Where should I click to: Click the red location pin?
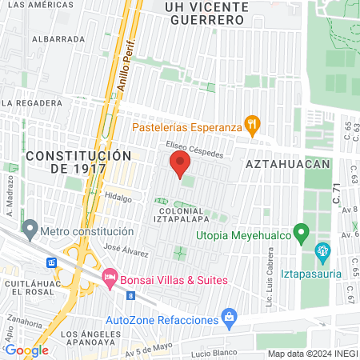pos(179,166)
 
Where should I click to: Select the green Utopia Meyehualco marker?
pos(302,234)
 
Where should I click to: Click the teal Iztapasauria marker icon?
pos(323,253)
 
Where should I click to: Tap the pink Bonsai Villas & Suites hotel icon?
pos(109,279)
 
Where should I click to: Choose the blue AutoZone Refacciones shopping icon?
pos(230,318)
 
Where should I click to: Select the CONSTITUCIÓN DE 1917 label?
pos(78,162)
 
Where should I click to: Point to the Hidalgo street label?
pos(117,196)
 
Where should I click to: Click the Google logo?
pos(26,350)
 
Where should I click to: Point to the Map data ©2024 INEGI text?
pos(313,354)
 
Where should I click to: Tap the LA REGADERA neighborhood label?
pos(31,103)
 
